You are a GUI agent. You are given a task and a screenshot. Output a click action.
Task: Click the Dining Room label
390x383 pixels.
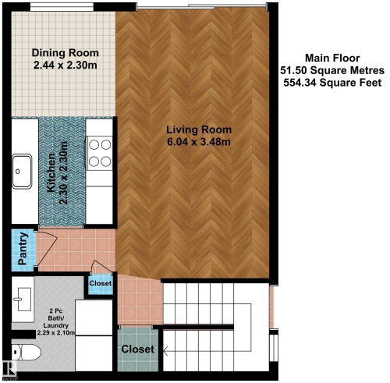(x=66, y=53)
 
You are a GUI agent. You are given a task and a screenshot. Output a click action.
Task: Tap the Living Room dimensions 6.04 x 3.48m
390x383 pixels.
(x=199, y=142)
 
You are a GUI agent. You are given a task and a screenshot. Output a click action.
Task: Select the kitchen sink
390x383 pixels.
(x=22, y=172)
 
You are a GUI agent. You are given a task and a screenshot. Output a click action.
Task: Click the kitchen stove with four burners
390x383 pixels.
(x=100, y=153)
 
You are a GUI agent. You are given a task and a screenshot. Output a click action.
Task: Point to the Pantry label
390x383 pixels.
(x=23, y=249)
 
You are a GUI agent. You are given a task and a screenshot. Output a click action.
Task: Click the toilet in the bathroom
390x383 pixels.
(x=27, y=353)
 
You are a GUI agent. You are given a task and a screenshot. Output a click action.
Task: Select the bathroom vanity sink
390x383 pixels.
(x=23, y=299)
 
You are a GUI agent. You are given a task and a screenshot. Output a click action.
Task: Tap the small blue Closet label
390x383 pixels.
(x=101, y=283)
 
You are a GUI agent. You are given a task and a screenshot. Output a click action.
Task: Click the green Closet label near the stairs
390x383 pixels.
(x=138, y=349)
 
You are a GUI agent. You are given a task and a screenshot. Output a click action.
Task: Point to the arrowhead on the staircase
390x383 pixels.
(x=165, y=351)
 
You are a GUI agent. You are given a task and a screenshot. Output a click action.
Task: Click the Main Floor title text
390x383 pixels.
(x=332, y=58)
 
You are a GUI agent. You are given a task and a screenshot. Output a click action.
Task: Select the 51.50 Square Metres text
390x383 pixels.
(x=332, y=70)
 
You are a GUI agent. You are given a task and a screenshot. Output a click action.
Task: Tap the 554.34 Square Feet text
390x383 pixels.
(x=332, y=83)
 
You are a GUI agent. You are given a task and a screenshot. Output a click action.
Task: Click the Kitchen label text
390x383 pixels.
(x=51, y=173)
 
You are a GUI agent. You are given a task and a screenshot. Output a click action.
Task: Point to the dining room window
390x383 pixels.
(x=62, y=7)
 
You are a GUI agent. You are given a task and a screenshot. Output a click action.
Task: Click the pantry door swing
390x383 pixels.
(x=47, y=247)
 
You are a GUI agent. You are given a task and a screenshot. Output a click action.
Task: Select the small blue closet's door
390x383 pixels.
(x=101, y=267)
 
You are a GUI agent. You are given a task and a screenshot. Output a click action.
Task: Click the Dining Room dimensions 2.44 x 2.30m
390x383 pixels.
(x=66, y=65)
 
